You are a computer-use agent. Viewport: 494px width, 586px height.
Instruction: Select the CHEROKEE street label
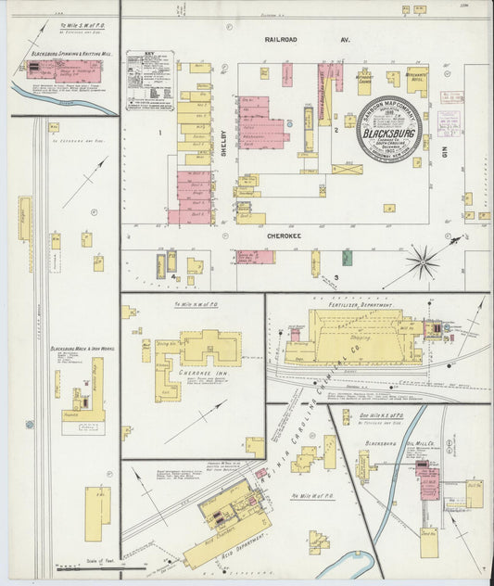pyautogui.click(x=286, y=236)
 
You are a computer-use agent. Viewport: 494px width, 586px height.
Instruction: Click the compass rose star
pyautogui.click(x=424, y=262)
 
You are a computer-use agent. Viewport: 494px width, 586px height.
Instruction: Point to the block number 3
pyautogui.click(x=337, y=276)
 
